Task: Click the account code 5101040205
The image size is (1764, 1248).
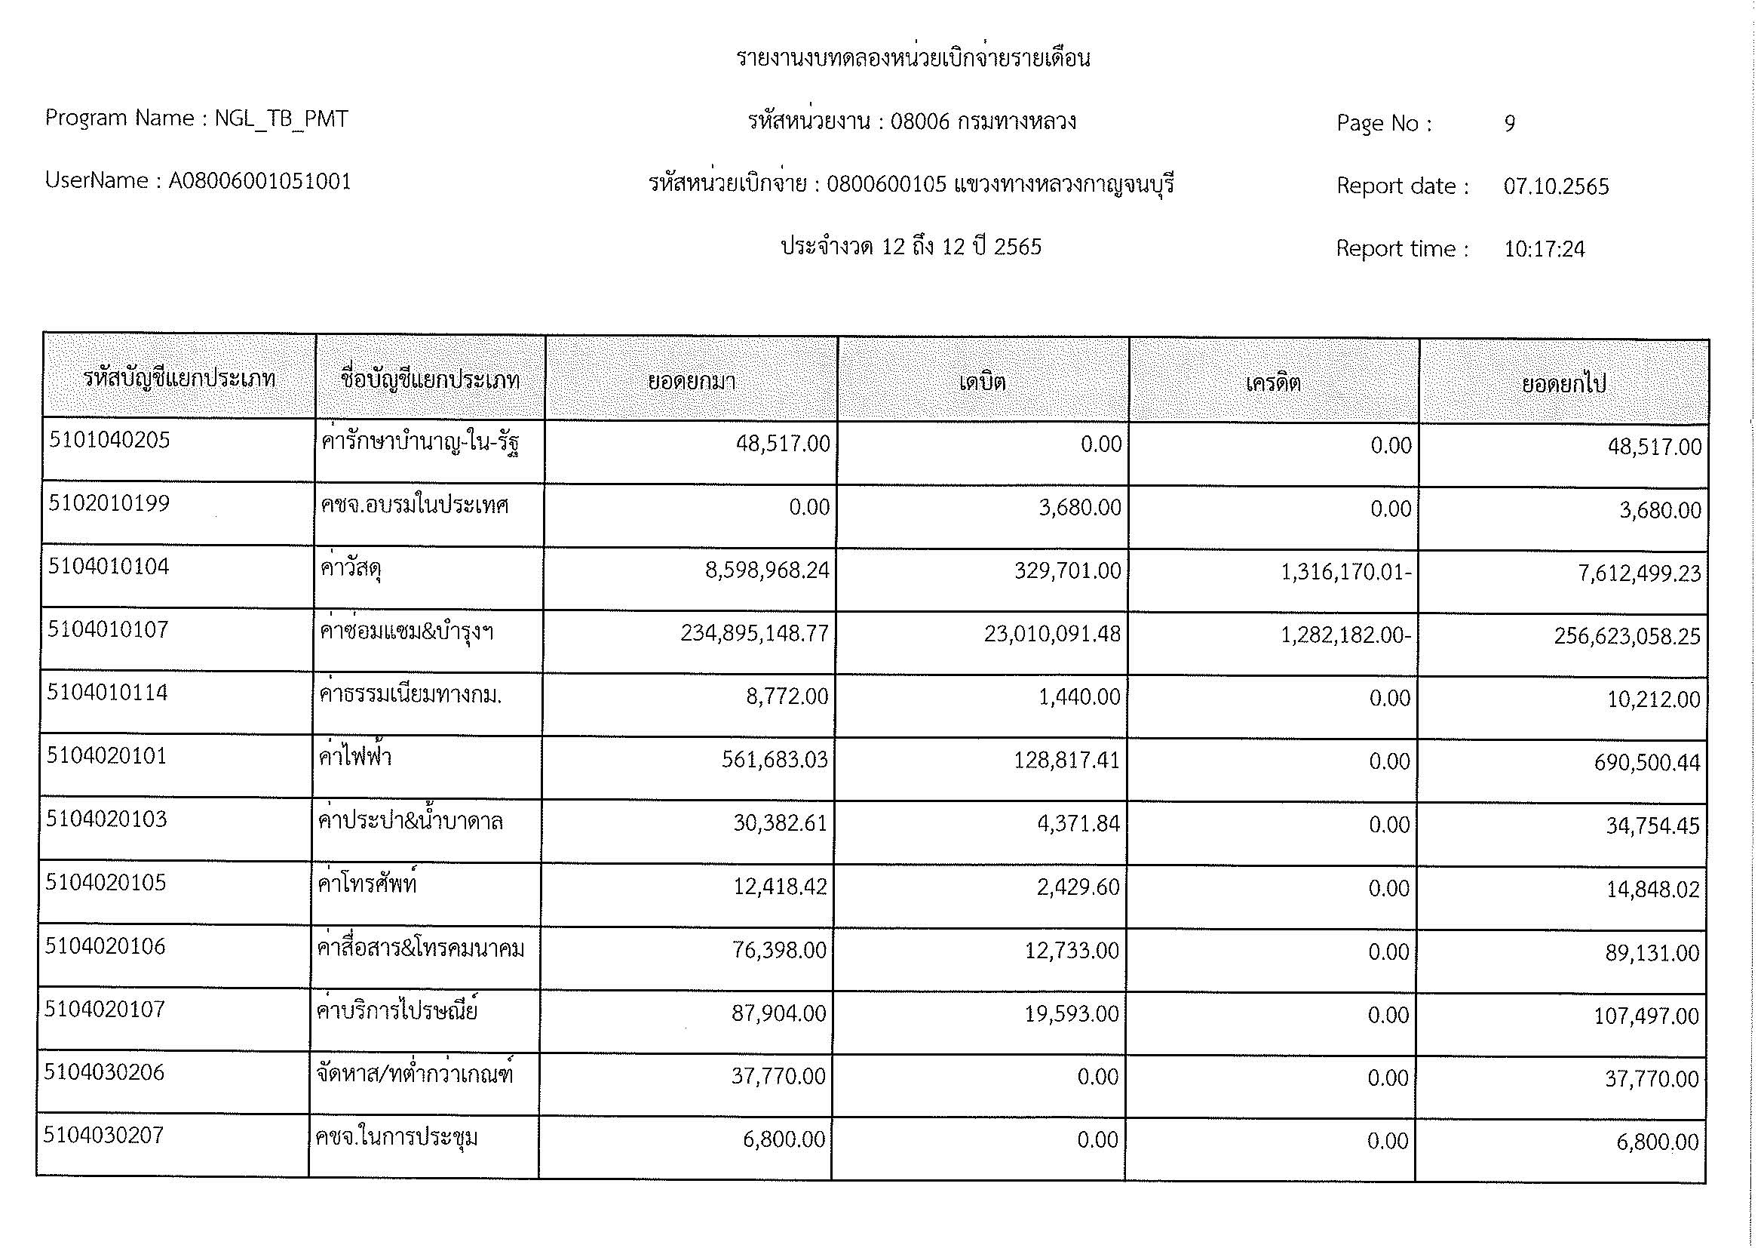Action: [x=109, y=440]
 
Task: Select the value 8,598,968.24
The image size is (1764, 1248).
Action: [x=767, y=570]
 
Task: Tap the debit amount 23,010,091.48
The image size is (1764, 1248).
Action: [x=1052, y=634]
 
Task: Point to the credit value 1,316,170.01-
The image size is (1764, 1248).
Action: [x=1345, y=573]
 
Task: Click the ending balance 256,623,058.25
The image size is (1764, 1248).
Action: [x=1627, y=636]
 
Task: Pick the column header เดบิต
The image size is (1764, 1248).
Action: [x=983, y=382]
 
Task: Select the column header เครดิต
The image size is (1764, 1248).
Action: [x=1273, y=383]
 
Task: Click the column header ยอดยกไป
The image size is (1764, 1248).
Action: [x=1563, y=383]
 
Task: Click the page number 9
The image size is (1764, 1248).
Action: [x=1509, y=124]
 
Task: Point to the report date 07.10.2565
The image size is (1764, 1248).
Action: [x=1556, y=186]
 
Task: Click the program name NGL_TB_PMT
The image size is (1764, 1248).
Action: [x=281, y=118]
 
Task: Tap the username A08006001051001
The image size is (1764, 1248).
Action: [x=259, y=181]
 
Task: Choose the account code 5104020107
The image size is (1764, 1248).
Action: [x=105, y=1009]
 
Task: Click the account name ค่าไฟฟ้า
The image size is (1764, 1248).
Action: [x=355, y=758]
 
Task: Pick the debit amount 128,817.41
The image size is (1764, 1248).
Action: [x=1066, y=761]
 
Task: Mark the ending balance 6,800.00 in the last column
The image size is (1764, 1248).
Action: [x=1657, y=1142]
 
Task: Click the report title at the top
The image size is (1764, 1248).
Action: [x=913, y=58]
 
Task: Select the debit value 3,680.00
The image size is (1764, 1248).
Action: [x=1079, y=508]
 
